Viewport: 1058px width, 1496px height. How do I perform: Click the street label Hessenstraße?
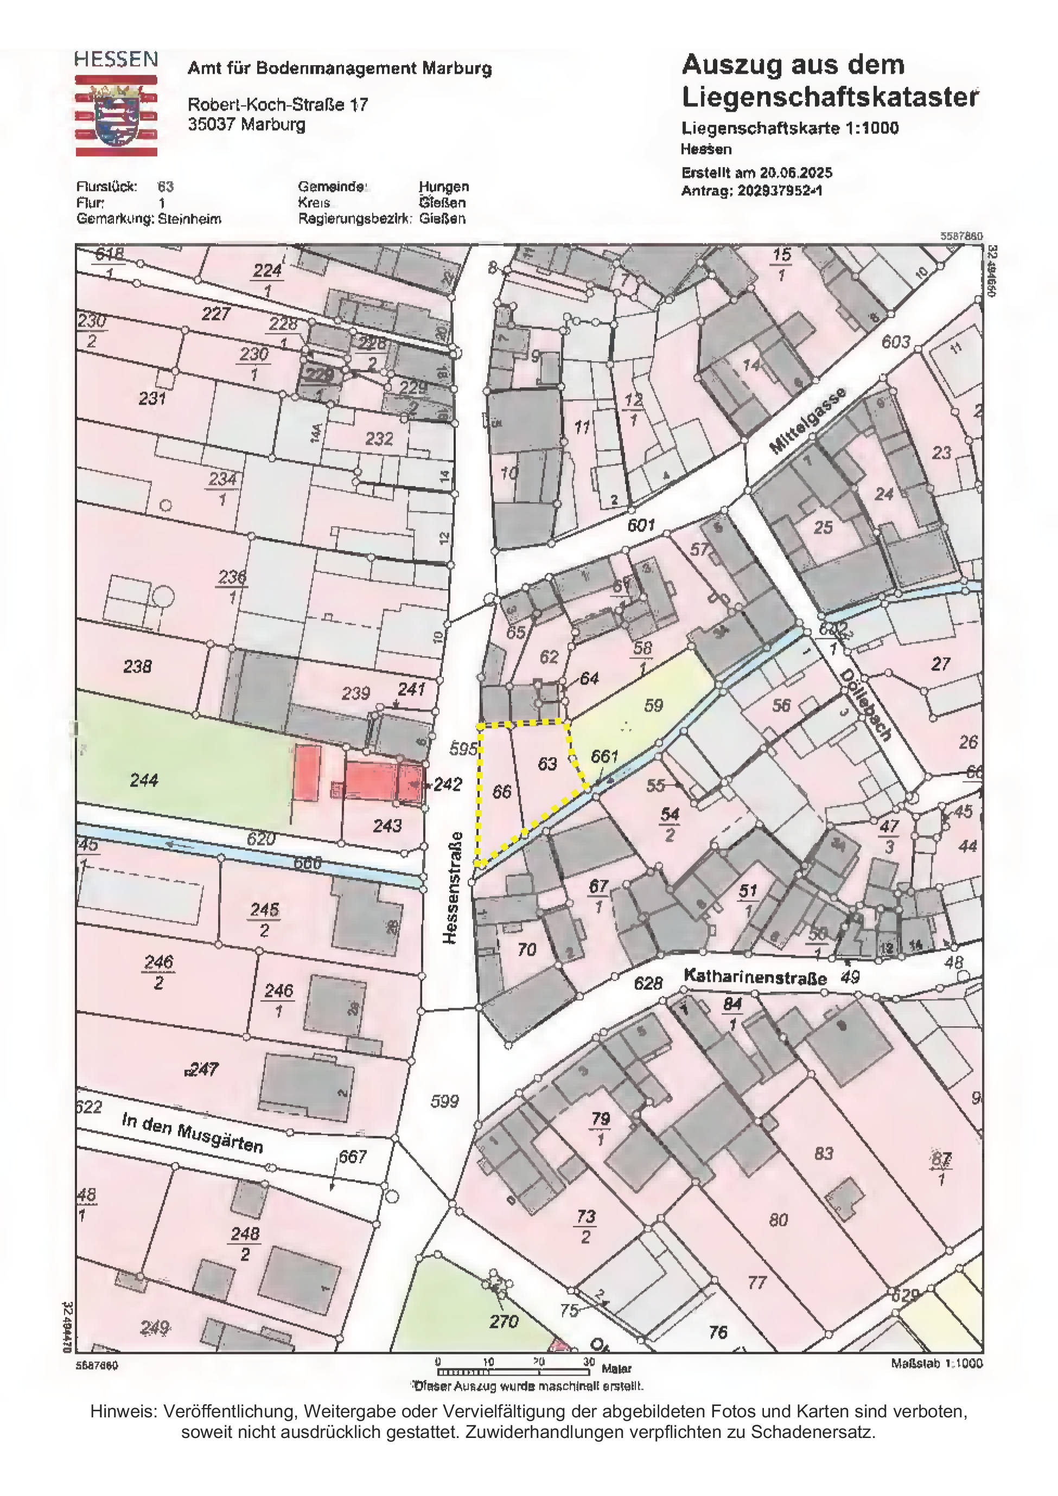tap(453, 887)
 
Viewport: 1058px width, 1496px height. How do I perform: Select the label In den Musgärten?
tap(192, 1133)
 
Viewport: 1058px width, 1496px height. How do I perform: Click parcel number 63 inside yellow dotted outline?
tap(547, 763)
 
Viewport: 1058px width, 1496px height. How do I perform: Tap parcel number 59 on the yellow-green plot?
tap(653, 705)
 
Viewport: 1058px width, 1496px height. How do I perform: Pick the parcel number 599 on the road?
tap(444, 1101)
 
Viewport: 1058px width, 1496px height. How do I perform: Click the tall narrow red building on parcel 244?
tap(308, 773)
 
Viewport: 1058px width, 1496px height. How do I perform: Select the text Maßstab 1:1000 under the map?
tap(936, 1364)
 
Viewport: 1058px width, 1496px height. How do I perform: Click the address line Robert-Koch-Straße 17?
tap(278, 104)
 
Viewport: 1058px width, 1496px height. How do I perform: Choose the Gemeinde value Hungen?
tap(443, 187)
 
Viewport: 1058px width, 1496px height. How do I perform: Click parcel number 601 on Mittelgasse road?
tap(640, 525)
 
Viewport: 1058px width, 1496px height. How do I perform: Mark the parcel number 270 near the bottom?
tap(503, 1321)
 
